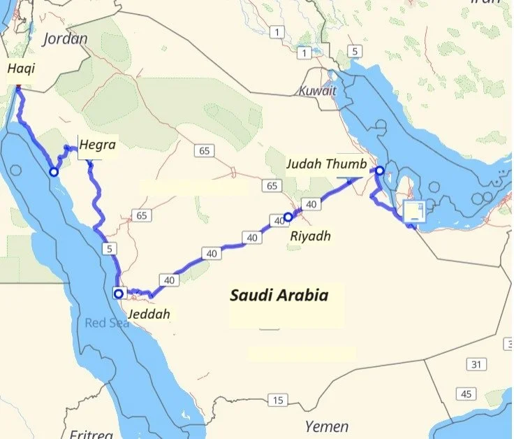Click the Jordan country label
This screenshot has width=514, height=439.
point(65,38)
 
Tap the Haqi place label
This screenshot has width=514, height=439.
point(21,69)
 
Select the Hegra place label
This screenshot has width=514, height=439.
point(97,145)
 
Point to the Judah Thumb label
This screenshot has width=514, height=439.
point(326,165)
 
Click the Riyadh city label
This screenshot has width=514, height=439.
point(310,236)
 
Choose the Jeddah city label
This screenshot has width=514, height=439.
point(149,314)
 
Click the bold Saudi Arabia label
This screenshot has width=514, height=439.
point(279,295)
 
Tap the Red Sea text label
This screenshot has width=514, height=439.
point(107,323)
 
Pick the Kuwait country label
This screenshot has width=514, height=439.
point(318,91)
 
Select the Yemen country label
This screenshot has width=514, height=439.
point(327,426)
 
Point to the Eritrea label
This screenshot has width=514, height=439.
point(91,434)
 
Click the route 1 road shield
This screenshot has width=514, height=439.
point(278,32)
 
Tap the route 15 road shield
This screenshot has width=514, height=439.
point(278,401)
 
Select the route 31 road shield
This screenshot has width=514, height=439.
point(476,364)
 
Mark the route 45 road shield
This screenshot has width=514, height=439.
point(466,394)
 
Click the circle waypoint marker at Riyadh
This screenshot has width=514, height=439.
point(288,217)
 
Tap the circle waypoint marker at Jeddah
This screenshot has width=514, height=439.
point(118,294)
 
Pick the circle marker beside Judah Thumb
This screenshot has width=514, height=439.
point(379,171)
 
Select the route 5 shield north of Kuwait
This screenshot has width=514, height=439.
point(355,51)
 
